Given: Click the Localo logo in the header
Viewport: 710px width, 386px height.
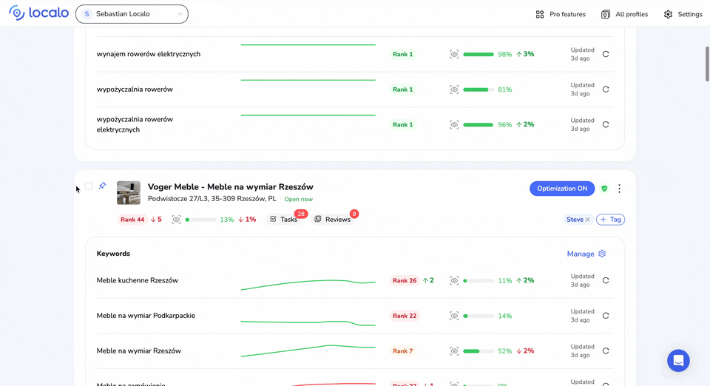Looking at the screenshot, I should click(x=38, y=13).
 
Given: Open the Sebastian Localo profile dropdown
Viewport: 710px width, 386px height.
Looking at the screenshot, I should click(x=132, y=14).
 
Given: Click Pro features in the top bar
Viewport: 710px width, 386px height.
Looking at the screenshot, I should click(x=561, y=14).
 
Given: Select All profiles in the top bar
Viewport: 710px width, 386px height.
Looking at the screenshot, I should click(x=625, y=14).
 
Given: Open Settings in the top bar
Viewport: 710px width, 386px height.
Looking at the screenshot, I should click(x=683, y=14).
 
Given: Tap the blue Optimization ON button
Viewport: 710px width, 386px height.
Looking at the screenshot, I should click(x=562, y=189).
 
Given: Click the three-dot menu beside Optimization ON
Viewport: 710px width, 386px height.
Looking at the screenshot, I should click(x=620, y=189).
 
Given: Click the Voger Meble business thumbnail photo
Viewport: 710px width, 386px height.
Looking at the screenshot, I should click(x=129, y=192).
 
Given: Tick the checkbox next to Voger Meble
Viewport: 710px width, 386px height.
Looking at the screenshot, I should click(x=89, y=186).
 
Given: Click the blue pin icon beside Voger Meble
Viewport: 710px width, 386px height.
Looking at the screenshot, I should click(x=103, y=186).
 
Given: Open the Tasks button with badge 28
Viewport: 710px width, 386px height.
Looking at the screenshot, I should click(x=284, y=220).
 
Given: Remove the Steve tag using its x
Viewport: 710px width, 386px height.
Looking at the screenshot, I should click(x=588, y=220).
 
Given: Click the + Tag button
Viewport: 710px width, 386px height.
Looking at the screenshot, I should click(x=610, y=220).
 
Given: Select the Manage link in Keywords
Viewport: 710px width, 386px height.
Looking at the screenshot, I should click(x=581, y=254).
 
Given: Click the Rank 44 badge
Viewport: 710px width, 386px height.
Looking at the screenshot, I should click(x=132, y=220).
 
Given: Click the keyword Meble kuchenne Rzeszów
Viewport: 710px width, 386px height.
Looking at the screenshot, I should click(x=138, y=280).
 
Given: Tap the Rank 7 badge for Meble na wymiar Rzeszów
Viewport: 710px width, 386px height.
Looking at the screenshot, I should click(x=402, y=351).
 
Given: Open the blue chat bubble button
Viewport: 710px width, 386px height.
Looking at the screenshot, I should click(x=678, y=361).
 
